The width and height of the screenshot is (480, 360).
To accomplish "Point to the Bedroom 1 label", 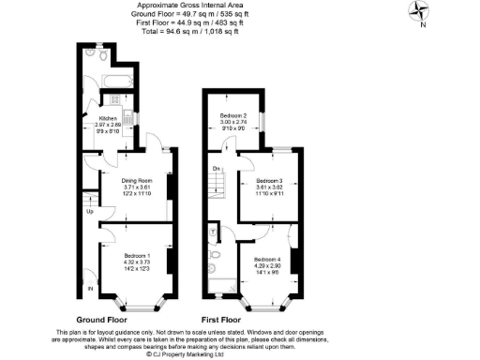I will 138,254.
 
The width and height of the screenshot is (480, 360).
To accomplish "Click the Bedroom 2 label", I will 233,118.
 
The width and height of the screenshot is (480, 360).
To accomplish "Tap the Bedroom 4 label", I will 266,260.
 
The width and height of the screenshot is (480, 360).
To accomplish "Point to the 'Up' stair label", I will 90,211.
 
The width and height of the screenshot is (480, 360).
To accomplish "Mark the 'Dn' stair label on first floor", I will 216,168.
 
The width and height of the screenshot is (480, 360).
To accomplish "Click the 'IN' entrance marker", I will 91,289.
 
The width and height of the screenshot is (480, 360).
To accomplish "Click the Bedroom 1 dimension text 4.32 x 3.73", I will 138,262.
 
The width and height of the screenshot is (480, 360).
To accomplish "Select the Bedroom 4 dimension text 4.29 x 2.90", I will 266,267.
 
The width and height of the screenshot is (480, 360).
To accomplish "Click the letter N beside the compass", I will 423,25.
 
